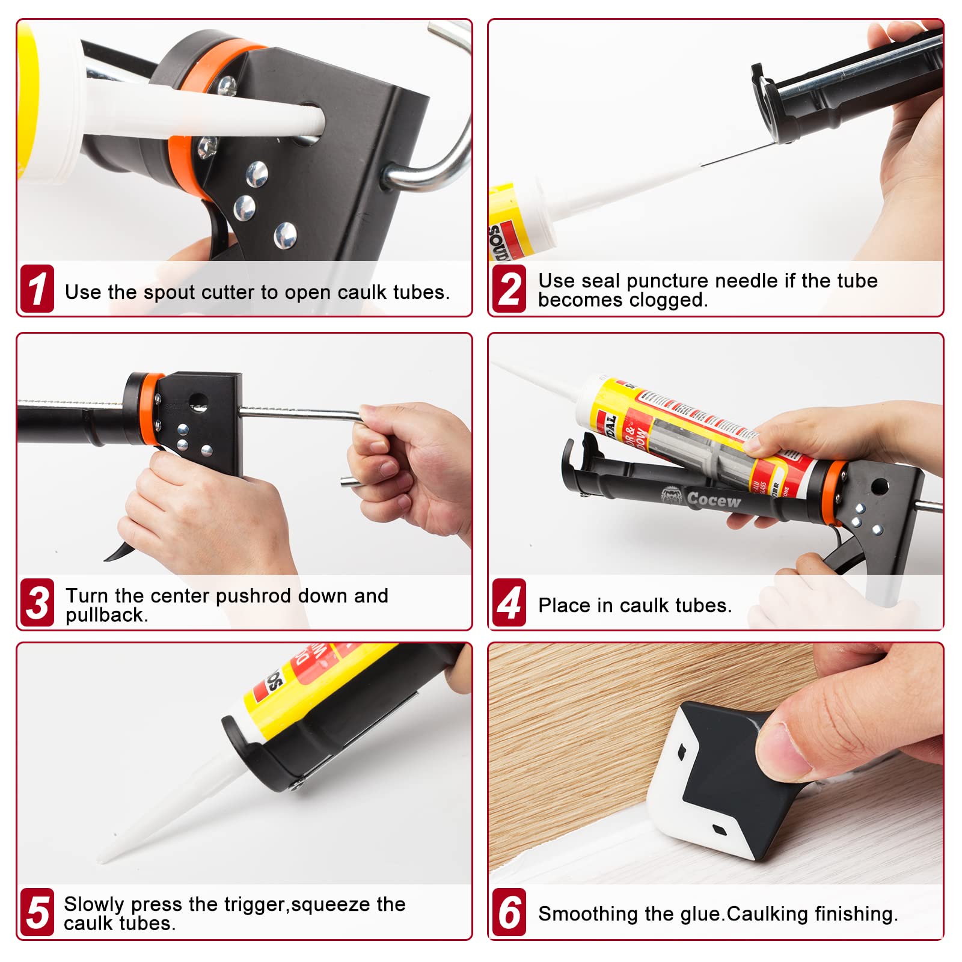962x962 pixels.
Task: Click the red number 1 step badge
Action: tap(37, 289)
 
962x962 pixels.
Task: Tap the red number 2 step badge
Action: tap(509, 289)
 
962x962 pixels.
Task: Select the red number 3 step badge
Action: tap(37, 602)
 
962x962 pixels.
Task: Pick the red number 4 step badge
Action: tap(509, 602)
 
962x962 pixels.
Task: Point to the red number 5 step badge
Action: tap(37, 912)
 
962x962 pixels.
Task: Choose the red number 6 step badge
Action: tap(509, 912)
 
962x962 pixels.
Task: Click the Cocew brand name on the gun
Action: tap(714, 499)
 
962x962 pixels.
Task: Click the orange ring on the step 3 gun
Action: tap(146, 409)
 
